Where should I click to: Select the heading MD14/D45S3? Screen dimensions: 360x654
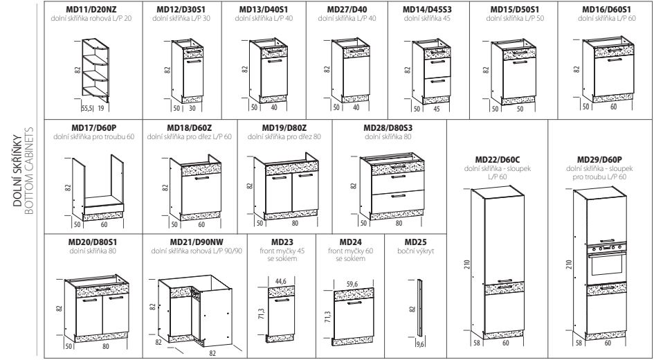point(426,9)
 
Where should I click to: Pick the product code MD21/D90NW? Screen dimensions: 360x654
point(194,242)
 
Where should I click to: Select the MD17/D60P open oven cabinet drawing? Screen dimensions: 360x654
point(99,185)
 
